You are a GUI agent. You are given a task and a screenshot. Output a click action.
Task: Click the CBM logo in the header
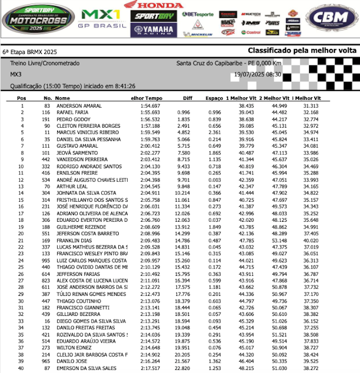click(331, 19)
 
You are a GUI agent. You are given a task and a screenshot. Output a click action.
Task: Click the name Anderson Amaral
click(79, 105)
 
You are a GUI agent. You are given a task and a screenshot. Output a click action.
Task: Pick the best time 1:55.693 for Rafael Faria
click(150, 112)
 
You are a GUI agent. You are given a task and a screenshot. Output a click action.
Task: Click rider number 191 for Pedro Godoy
click(46, 119)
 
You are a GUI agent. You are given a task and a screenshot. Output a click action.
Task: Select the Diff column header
click(187, 98)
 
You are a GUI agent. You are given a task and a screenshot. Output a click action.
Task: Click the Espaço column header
click(214, 98)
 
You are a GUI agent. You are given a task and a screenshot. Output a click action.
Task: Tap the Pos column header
click(22, 98)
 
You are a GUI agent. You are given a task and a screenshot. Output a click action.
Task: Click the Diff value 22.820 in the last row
click(183, 368)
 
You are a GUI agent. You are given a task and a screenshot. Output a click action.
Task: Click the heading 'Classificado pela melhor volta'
click(302, 50)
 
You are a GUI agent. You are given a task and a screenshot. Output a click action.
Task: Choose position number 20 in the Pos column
click(22, 234)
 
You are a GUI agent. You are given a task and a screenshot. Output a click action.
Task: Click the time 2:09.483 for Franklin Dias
click(150, 240)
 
